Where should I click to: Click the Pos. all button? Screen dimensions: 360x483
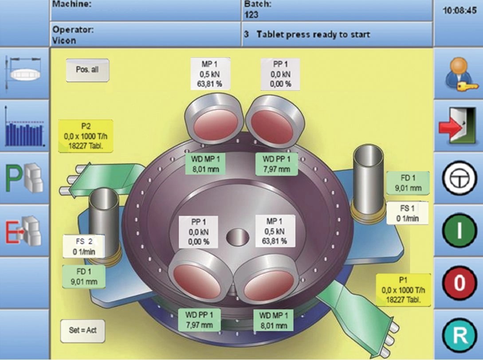pyautogui.click(x=87, y=70)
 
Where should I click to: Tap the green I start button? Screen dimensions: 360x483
pyautogui.click(x=459, y=231)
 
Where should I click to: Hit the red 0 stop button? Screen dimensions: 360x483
pyautogui.click(x=459, y=283)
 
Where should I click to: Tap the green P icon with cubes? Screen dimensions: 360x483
pyautogui.click(x=25, y=179)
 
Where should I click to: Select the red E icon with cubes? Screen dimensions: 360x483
pyautogui.click(x=25, y=231)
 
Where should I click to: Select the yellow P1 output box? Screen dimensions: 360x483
pyautogui.click(x=403, y=290)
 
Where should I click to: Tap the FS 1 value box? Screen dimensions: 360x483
pyautogui.click(x=407, y=213)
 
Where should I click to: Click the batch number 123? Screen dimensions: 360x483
pyautogui.click(x=251, y=15)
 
